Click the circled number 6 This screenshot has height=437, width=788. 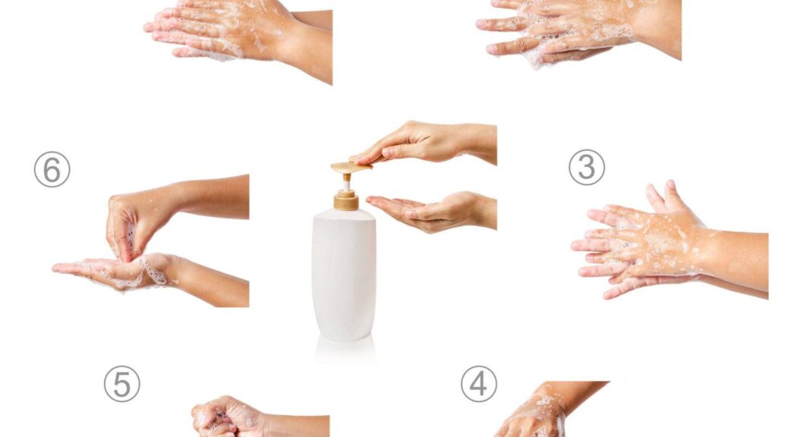tap(52, 169)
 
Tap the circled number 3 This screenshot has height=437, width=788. tap(587, 167)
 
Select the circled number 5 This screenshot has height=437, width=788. tap(122, 384)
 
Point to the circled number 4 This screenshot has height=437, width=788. tap(479, 384)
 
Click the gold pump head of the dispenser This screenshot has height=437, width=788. tap(351, 167)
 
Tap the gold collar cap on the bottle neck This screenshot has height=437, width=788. tap(346, 200)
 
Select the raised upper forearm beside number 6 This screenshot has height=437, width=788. tap(211, 197)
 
